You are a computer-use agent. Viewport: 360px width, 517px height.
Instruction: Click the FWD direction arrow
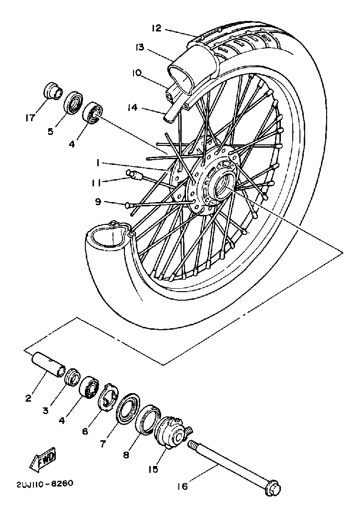pyautogui.click(x=42, y=457)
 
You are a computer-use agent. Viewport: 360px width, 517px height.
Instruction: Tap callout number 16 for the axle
pyautogui.click(x=183, y=486)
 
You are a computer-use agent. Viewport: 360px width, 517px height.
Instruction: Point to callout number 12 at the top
pyautogui.click(x=157, y=28)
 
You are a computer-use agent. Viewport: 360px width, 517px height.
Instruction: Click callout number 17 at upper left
pyautogui.click(x=31, y=116)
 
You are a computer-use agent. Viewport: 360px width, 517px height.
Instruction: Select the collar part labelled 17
pyautogui.click(x=53, y=90)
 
